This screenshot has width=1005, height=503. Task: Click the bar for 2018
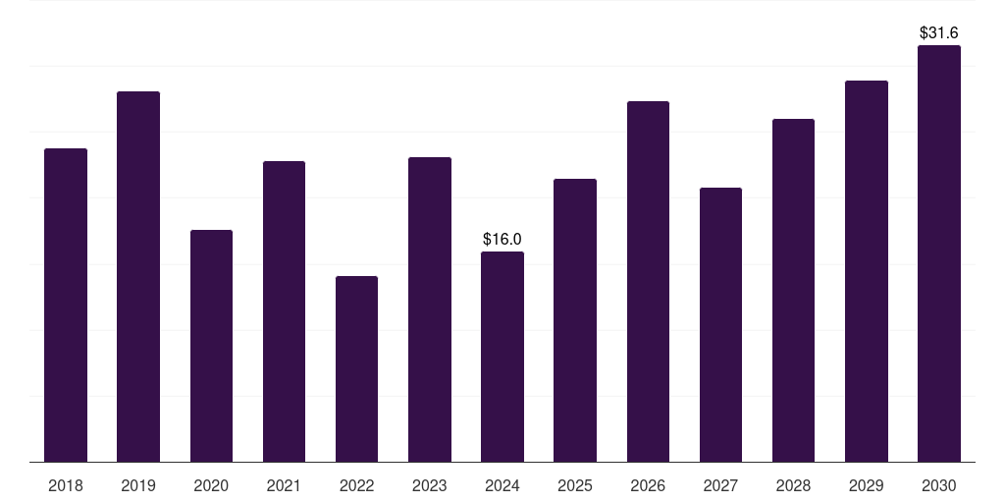tap(66, 305)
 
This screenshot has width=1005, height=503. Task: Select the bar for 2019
tap(138, 276)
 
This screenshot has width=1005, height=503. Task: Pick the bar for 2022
tap(356, 368)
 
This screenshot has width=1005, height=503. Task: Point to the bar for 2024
tap(502, 357)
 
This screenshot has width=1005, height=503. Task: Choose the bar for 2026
tap(648, 281)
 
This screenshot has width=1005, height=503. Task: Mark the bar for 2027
tap(720, 324)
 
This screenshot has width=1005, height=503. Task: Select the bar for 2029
tap(867, 271)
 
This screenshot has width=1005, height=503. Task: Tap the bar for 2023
tap(430, 309)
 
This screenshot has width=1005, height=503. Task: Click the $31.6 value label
tap(939, 32)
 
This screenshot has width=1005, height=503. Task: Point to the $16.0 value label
tap(502, 239)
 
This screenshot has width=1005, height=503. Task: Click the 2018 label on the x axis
tap(66, 485)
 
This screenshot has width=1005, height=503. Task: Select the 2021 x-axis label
tap(284, 485)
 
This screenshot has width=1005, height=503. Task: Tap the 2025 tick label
tap(575, 485)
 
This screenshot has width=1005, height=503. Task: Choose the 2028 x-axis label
tap(793, 485)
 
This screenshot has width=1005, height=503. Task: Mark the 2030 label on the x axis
tap(939, 485)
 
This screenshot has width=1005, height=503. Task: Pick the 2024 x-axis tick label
tap(502, 485)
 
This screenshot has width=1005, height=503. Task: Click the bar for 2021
tap(284, 311)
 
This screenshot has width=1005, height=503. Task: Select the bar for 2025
tap(575, 320)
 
